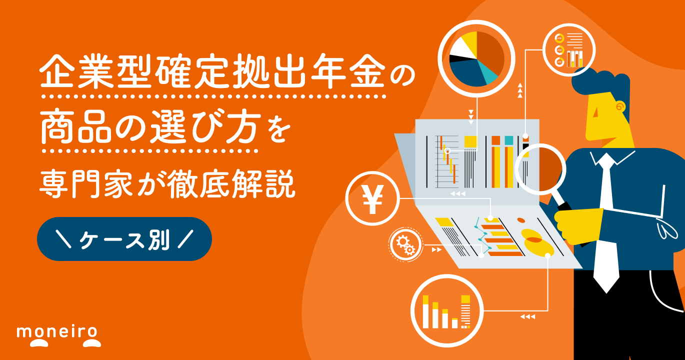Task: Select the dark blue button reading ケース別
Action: click(124, 239)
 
